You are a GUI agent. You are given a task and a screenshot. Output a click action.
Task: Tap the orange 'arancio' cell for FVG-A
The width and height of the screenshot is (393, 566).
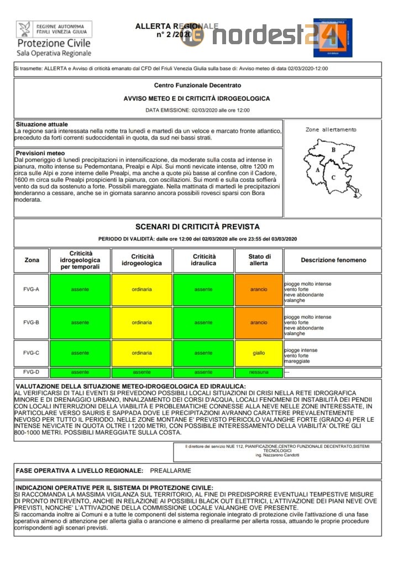[x=259, y=289]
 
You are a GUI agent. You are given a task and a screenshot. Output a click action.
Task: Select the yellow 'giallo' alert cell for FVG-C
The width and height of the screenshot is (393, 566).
[x=259, y=353]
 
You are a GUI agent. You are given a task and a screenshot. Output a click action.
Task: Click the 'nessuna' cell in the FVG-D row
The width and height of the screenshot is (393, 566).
[x=259, y=373]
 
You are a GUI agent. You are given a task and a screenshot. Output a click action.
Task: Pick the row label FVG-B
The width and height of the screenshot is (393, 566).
[x=32, y=322]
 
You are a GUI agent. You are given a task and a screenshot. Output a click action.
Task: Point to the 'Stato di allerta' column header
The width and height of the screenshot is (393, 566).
[x=259, y=260]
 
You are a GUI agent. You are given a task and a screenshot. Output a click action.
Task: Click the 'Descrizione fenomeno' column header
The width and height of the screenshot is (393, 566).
[x=333, y=260]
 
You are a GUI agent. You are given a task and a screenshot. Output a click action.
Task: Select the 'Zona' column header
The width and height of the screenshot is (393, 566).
[x=32, y=260]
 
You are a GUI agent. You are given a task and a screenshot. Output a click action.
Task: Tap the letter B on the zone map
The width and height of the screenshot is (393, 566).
[x=333, y=150]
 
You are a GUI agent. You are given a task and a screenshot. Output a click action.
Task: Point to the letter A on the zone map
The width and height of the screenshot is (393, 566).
[x=317, y=170]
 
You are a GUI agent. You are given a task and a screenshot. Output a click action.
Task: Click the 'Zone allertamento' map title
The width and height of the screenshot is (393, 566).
[x=331, y=130]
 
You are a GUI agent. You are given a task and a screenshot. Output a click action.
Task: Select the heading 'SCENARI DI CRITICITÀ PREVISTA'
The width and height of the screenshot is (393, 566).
[x=197, y=227]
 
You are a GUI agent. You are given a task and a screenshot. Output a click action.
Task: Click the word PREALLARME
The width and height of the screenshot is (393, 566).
[x=170, y=471]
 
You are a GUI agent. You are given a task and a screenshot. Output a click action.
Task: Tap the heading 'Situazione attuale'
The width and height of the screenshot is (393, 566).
[x=42, y=124]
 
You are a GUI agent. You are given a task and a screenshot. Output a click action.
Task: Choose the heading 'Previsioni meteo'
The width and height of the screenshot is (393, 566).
[x=40, y=153]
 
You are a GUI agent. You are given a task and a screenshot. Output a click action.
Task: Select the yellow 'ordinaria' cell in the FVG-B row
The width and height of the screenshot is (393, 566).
[x=142, y=322]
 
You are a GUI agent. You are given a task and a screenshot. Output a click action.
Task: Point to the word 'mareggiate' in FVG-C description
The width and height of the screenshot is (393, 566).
[x=297, y=361]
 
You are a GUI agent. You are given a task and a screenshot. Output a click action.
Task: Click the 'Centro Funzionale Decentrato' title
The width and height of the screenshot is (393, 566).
[x=197, y=86]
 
